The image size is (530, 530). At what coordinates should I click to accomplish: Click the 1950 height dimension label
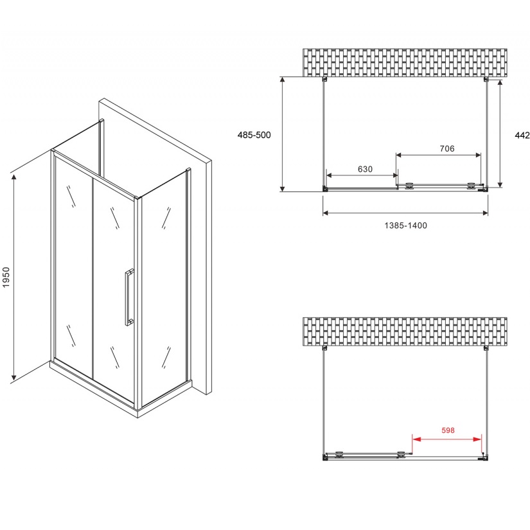click(x=6, y=277)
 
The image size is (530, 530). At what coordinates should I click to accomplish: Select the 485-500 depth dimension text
click(x=254, y=135)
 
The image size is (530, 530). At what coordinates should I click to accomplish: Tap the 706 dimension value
click(x=447, y=148)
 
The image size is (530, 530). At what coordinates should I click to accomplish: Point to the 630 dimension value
click(x=365, y=169)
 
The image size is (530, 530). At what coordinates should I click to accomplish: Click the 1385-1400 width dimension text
click(x=405, y=225)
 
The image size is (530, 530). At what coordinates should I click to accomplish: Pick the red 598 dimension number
click(x=448, y=430)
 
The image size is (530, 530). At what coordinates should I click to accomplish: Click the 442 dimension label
click(x=522, y=135)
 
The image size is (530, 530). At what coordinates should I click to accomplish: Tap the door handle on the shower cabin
click(x=128, y=297)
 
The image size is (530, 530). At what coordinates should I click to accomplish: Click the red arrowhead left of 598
click(x=416, y=439)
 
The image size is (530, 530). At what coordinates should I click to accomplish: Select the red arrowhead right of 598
click(x=477, y=439)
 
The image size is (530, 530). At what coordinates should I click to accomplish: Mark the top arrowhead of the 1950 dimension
click(x=14, y=178)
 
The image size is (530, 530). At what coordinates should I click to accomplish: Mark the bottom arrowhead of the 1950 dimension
click(x=14, y=376)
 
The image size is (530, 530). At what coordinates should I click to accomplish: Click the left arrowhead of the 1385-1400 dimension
click(x=326, y=213)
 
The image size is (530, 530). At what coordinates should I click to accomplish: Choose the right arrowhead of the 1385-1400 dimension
click(x=485, y=213)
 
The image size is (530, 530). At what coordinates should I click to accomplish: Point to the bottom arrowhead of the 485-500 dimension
click(x=283, y=188)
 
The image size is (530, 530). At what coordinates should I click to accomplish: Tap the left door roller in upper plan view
click(x=410, y=186)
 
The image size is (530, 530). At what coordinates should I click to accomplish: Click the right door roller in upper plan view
click(x=471, y=186)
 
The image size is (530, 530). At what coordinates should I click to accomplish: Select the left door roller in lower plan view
click(x=339, y=455)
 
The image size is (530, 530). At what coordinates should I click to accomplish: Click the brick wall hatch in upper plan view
click(x=405, y=62)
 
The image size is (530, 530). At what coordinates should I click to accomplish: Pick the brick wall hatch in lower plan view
click(x=405, y=331)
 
